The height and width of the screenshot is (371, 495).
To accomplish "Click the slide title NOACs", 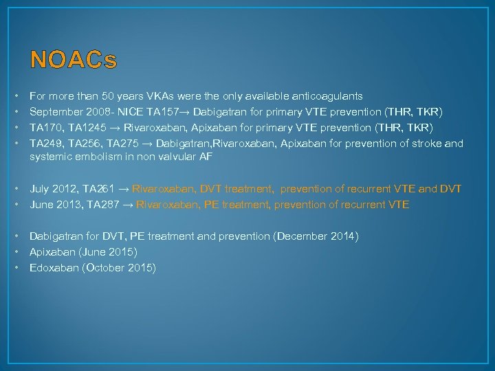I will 74,60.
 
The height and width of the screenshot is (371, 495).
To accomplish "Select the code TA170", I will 45,128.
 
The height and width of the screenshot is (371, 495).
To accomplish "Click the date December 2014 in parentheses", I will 317,236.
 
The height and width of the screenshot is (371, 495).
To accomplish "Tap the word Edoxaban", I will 54,268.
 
